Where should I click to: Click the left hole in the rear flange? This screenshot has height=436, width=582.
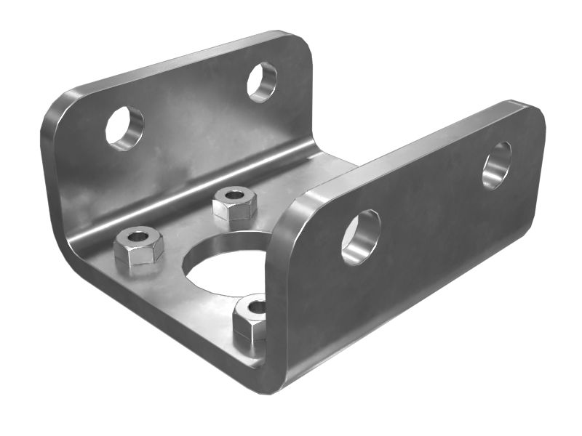point(124,129)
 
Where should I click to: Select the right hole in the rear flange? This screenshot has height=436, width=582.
point(261,81)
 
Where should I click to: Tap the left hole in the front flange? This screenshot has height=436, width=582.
point(361,237)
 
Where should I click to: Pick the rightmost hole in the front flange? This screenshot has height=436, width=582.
point(497,166)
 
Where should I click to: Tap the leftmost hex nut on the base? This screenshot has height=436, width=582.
point(139,246)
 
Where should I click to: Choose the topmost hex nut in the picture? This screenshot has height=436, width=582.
point(234,203)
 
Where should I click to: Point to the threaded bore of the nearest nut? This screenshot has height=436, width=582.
point(255,307)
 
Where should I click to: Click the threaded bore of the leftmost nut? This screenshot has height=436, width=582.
point(138,236)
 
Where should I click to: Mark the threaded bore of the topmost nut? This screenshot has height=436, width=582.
point(234,195)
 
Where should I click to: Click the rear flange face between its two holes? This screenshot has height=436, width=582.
point(193,109)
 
